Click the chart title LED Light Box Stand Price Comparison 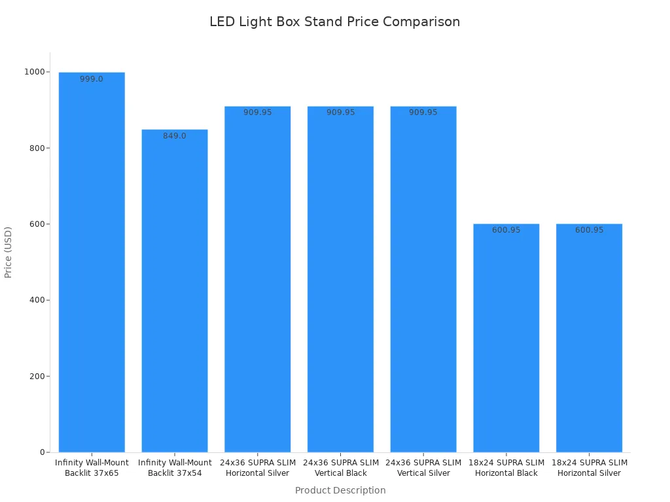tap(334, 22)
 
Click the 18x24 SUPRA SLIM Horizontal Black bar tap(506, 340)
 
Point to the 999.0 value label tap(92, 79)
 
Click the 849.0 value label tap(175, 136)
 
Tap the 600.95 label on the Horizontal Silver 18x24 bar tap(589, 230)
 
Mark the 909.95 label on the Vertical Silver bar tap(423, 112)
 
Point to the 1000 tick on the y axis tap(35, 72)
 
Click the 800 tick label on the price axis tap(37, 148)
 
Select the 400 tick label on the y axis tap(37, 300)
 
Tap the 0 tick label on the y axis tap(43, 452)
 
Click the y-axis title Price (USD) tap(9, 252)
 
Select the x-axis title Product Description tap(340, 490)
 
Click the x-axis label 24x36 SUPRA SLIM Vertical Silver tap(423, 468)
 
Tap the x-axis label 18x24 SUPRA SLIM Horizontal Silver tap(589, 468)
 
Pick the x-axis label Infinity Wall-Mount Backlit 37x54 tap(175, 468)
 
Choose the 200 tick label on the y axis tap(37, 376)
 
